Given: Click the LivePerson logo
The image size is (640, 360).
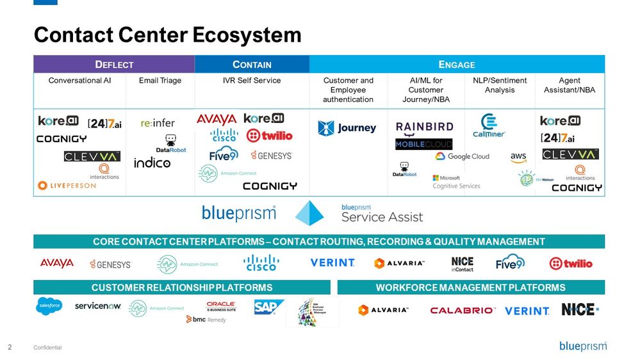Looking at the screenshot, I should click(67, 185).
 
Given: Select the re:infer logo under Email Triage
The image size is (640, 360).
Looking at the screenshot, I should click(158, 122).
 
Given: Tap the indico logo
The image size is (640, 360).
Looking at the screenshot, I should click(152, 163).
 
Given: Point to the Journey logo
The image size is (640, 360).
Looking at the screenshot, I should click(347, 128).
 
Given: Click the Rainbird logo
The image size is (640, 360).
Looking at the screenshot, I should click(424, 127).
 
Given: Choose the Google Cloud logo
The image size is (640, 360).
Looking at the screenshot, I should click(462, 156).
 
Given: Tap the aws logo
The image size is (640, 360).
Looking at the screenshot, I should click(518, 157).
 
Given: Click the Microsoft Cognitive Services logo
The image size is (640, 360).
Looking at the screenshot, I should click(455, 182).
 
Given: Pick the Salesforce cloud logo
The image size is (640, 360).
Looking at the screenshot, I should click(49, 306).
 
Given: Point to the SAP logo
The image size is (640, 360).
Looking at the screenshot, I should click(268, 307).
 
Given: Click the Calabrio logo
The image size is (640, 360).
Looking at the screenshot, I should click(463, 310).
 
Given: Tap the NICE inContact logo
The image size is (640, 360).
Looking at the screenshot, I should click(462, 264).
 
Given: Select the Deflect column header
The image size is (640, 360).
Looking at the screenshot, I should click(114, 64).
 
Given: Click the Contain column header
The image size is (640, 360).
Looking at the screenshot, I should click(252, 64).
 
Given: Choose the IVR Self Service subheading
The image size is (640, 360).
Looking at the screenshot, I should click(251, 81).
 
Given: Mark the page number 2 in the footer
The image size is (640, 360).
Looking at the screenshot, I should click(10, 347).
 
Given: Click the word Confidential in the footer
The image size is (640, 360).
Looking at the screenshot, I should click(48, 347).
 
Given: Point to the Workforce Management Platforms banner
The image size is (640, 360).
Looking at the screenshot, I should click(471, 288).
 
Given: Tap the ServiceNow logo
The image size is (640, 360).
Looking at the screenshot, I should click(97, 306).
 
